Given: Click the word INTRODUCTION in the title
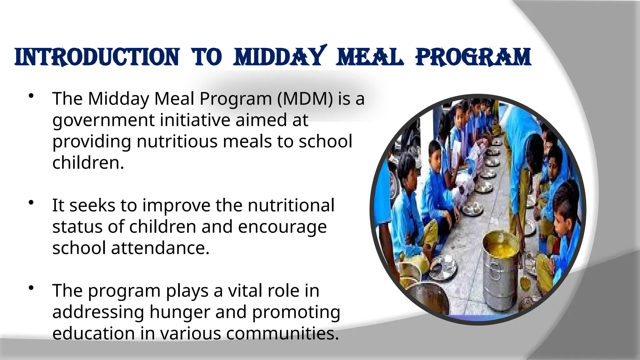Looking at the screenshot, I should point(97,57).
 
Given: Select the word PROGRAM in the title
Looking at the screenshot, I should point(473,57).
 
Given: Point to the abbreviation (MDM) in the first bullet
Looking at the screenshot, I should point(305,99).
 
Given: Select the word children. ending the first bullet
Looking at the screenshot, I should point(88,162).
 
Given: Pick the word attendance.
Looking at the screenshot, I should point(160,248).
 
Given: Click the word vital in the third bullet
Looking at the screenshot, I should point(241,291).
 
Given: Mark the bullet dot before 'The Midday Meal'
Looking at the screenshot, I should point(31,96).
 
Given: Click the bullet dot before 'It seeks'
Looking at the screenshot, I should point(31,203).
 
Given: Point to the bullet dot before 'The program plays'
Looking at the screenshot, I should point(31,288).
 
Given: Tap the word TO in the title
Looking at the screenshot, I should point(207,57).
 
